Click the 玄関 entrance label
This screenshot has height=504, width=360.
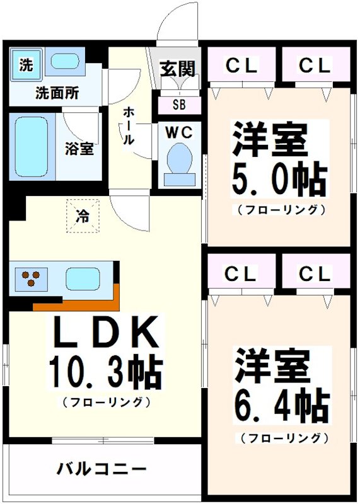point(177,68)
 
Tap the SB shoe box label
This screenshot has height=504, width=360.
point(179,105)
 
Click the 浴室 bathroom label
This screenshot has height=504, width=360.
point(79,149)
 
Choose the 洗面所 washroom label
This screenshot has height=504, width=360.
point(57,94)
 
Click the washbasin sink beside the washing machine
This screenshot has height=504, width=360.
point(64,62)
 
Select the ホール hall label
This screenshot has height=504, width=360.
point(128,126)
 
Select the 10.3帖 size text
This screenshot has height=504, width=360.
point(105,373)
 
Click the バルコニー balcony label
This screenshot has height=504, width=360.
point(102,469)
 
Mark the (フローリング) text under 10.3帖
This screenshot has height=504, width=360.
point(106,401)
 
